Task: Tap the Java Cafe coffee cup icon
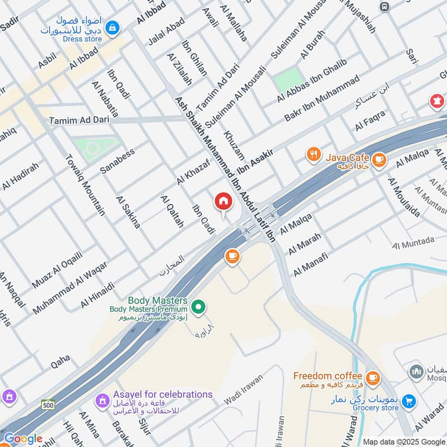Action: tap(379, 160)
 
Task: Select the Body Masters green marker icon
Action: tap(197, 307)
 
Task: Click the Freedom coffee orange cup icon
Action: tap(373, 377)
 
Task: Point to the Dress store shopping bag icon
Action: tap(113, 27)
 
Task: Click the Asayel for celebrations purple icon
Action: tap(102, 400)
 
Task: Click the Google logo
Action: tap(22, 439)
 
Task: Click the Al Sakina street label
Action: tap(128, 212)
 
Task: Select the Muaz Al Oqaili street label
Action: tap(57, 270)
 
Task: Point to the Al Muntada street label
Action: tap(413, 242)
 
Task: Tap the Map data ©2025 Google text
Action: tap(403, 441)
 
